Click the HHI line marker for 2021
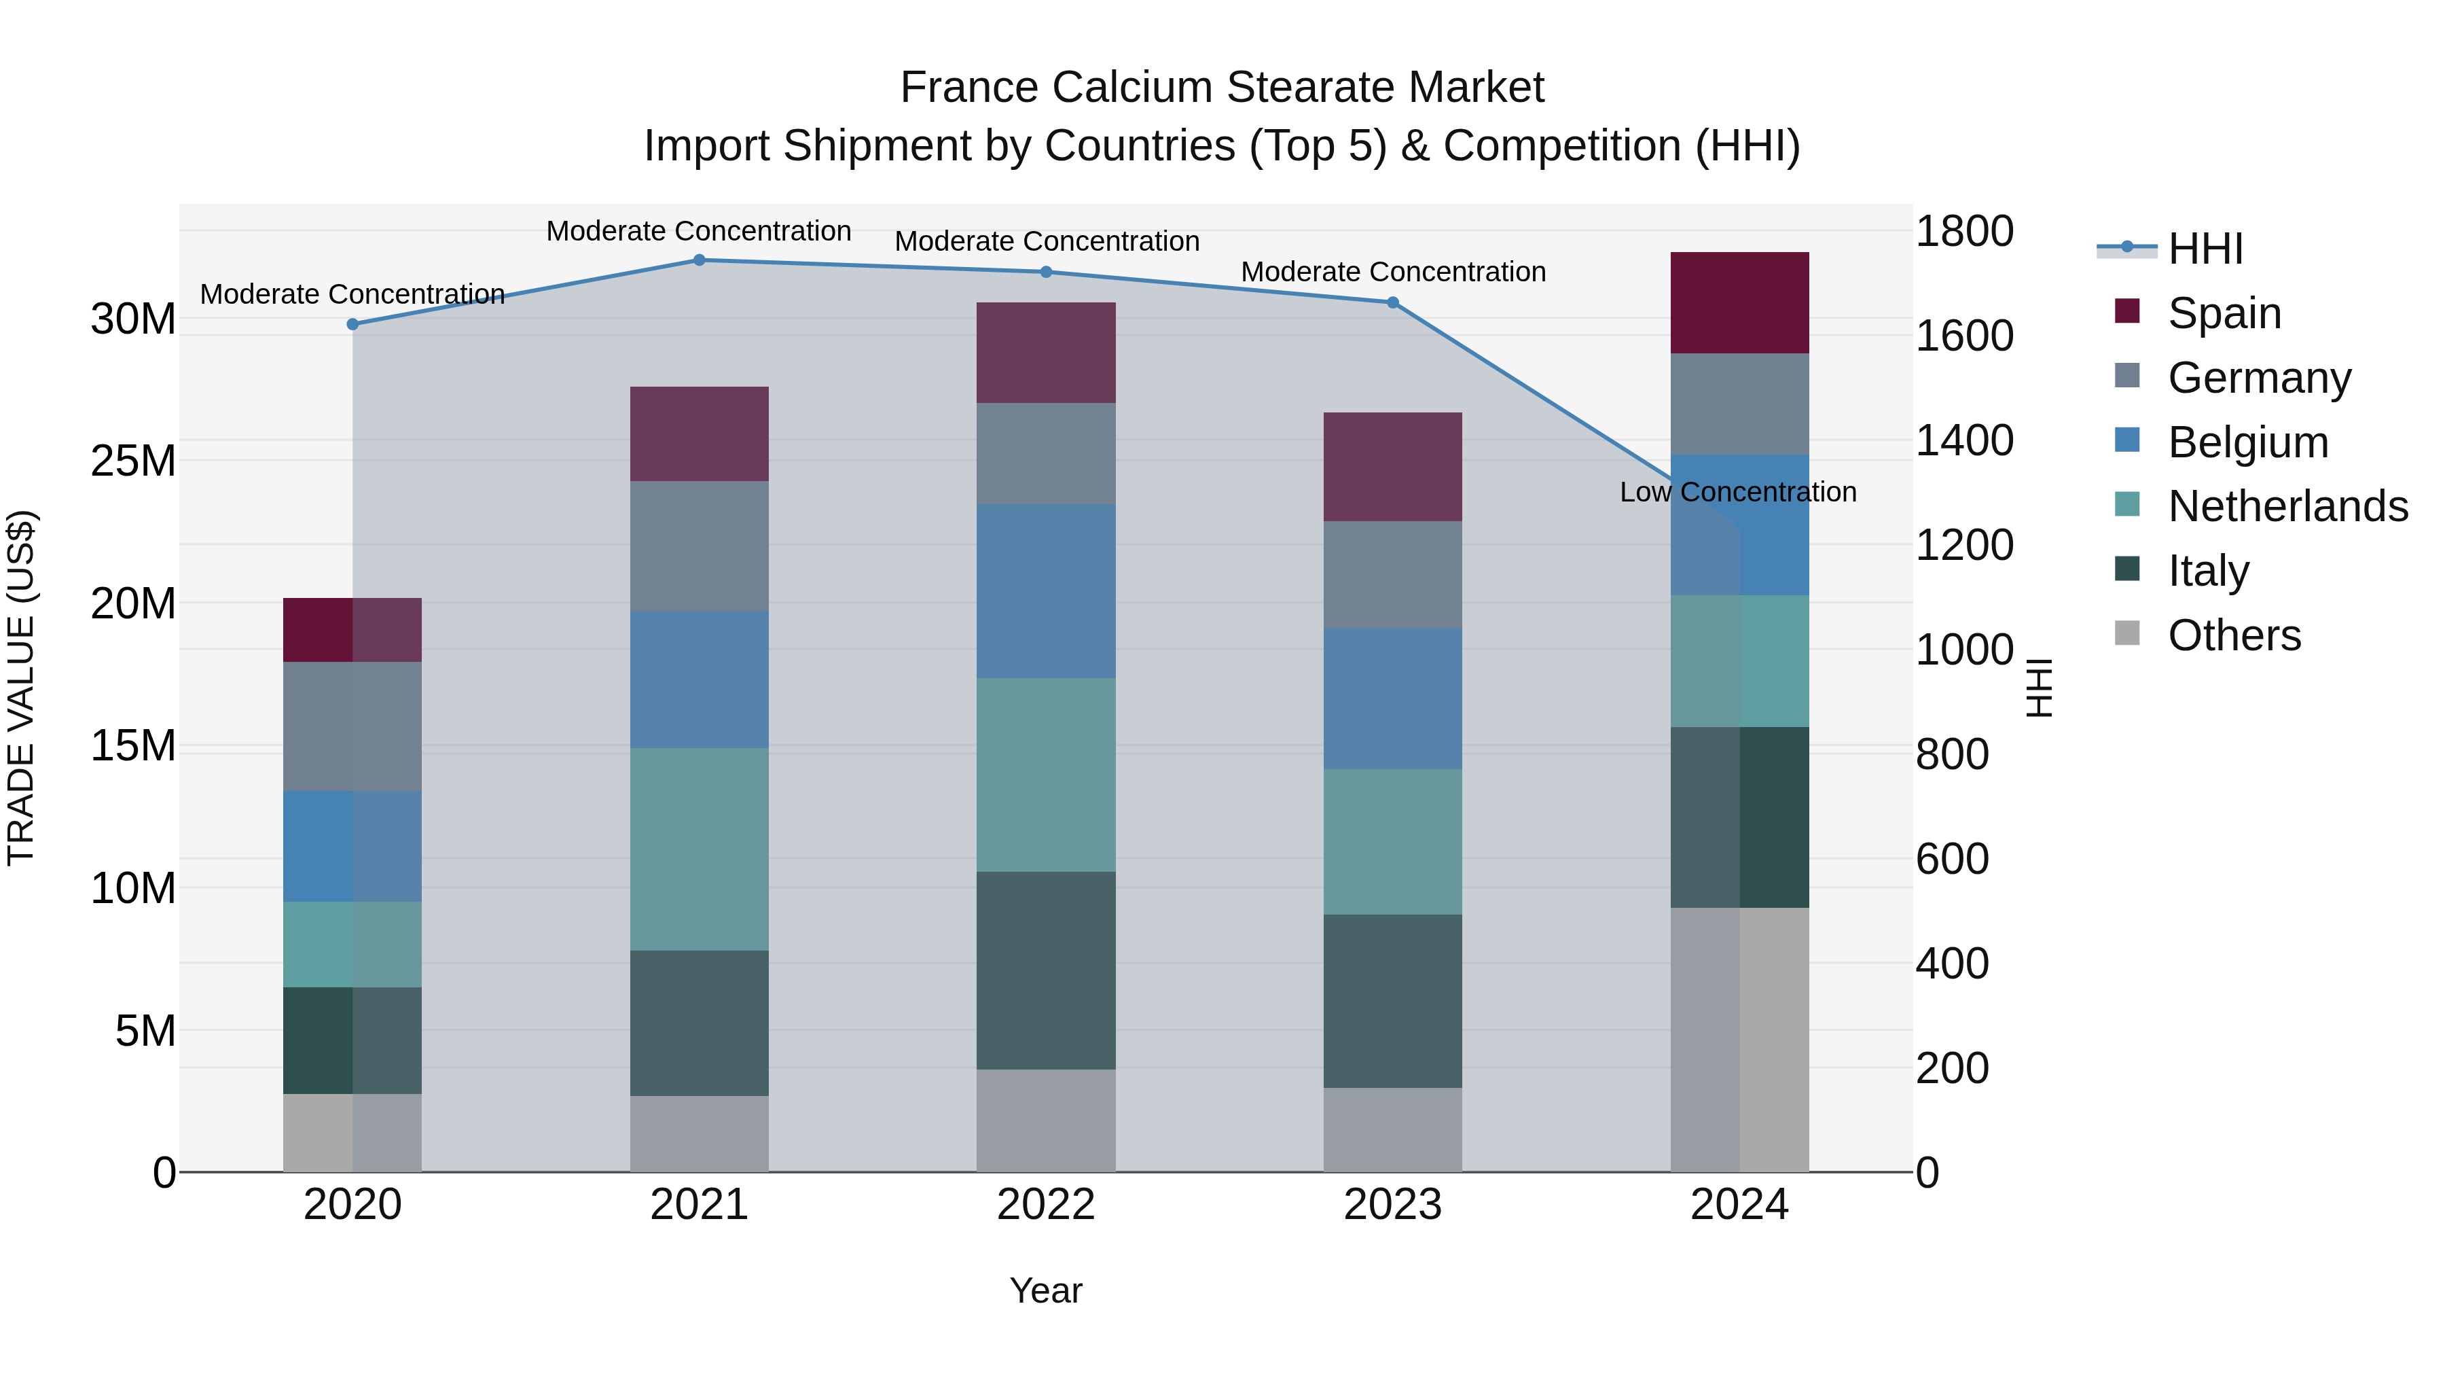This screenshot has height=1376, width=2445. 699,260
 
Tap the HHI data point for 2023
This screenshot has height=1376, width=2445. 1392,303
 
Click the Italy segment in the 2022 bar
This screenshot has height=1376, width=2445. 1046,970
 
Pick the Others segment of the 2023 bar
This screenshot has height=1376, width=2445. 1392,1129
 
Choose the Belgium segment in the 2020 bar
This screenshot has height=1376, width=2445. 352,846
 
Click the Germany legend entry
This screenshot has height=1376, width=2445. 2259,378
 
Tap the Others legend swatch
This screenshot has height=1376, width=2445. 2127,633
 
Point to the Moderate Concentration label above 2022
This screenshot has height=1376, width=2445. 1046,241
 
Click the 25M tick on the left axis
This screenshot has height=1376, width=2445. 133,461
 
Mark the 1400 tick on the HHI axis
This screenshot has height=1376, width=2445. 1963,440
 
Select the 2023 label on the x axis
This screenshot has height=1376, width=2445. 1392,1205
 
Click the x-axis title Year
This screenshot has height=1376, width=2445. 1046,1290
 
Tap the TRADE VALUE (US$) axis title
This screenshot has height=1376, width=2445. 21,688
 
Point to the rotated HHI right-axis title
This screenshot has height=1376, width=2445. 2039,688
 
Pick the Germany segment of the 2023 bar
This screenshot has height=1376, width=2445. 1392,574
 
